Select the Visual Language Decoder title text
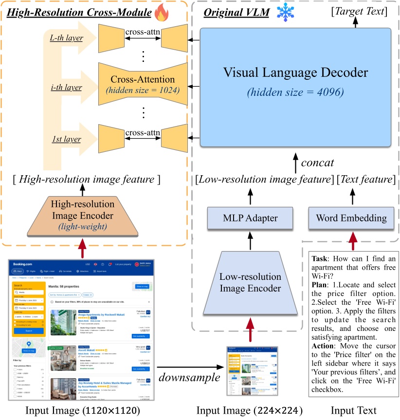pyautogui.click(x=295, y=73)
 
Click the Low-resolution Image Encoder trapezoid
pyautogui.click(x=250, y=282)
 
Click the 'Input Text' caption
pyautogui.click(x=354, y=411)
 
